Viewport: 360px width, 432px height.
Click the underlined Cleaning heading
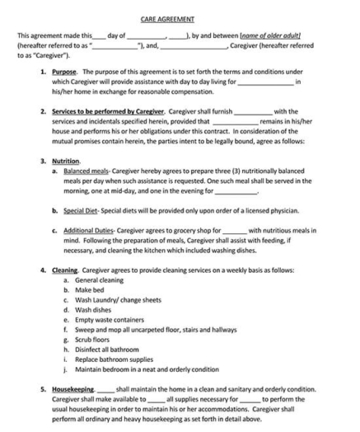(x=65, y=270)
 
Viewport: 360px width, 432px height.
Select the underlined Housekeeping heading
(x=72, y=388)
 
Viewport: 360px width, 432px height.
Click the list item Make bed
(x=90, y=290)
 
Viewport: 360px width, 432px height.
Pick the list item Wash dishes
(x=94, y=310)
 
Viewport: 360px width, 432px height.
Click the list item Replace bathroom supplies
(x=113, y=359)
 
